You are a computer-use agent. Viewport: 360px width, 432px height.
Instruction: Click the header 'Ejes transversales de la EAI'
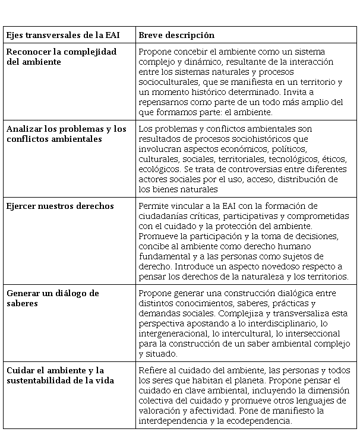[63, 36]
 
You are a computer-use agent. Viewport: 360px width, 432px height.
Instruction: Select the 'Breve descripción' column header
[176, 36]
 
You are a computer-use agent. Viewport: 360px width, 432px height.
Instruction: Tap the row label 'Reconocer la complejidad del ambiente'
[61, 57]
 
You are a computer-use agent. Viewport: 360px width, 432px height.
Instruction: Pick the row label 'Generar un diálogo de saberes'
[53, 298]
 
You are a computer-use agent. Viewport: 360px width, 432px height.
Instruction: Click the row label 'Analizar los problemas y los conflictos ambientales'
[67, 134]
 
